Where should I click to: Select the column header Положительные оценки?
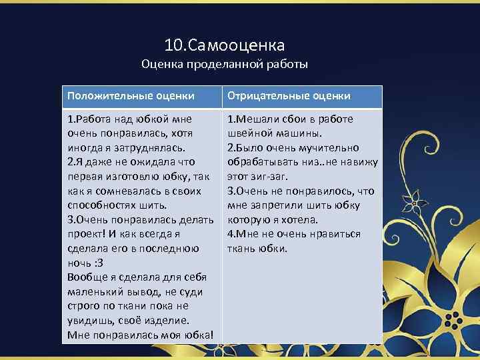(x=131, y=96)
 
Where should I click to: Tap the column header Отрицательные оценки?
(x=289, y=96)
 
